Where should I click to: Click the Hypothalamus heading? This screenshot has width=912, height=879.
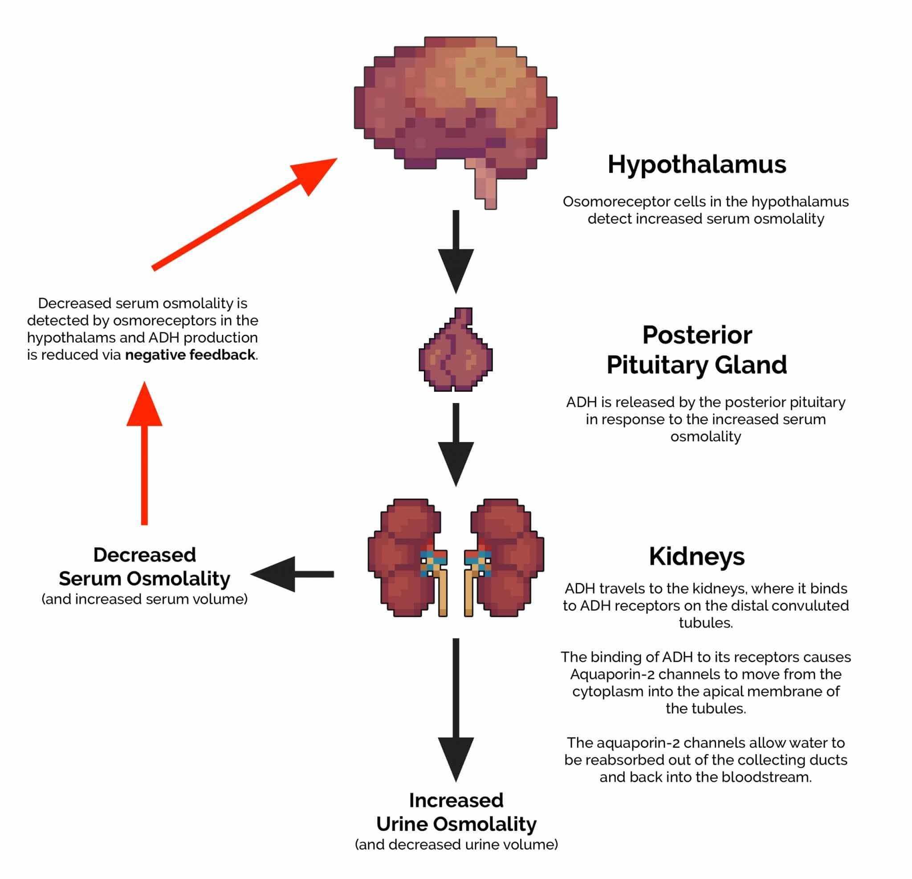[696, 165]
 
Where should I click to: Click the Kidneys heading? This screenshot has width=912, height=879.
[696, 557]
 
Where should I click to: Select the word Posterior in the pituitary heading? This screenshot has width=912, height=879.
[696, 335]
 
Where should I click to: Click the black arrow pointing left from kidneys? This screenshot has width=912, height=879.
[293, 574]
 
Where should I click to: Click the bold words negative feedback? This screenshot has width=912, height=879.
[190, 355]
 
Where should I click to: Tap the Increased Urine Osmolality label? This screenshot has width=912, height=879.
[456, 812]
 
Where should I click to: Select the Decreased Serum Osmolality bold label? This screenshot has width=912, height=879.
[144, 567]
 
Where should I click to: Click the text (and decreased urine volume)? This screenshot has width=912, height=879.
[456, 845]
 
